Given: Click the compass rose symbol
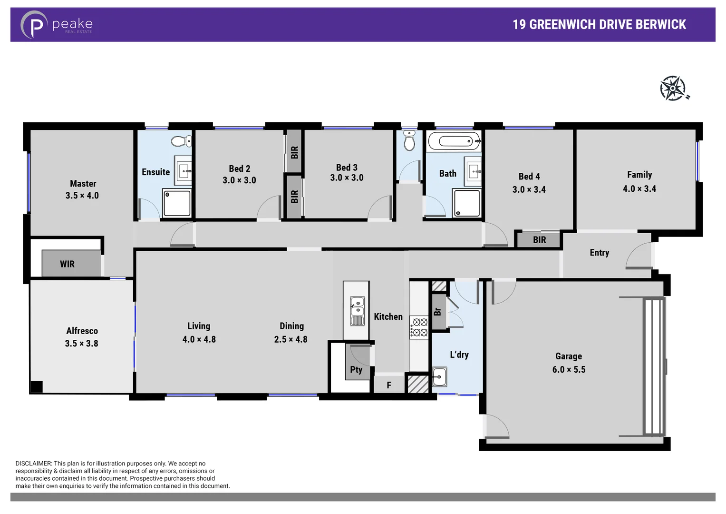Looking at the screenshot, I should (x=673, y=89).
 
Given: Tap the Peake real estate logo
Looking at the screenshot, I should (x=57, y=24).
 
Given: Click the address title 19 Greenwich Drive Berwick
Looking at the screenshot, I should (x=599, y=25).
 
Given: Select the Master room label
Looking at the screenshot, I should (x=83, y=184).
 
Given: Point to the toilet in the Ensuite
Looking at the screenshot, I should (x=181, y=141).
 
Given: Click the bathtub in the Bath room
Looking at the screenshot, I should (x=454, y=141).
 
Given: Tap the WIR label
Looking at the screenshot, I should (x=67, y=264).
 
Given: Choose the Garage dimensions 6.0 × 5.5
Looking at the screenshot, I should (x=569, y=370).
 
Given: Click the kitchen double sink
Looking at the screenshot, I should (x=357, y=311).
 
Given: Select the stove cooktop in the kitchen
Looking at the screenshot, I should (x=419, y=328).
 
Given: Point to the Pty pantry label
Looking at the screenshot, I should (x=356, y=370).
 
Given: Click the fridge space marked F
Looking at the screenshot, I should (x=389, y=385).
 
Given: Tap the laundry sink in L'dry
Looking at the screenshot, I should (x=439, y=377).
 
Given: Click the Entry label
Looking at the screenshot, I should (x=599, y=253).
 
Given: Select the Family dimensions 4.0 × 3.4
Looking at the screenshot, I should (x=639, y=189).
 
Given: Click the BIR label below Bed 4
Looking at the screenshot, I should (x=539, y=240).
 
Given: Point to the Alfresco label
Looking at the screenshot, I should (x=82, y=331).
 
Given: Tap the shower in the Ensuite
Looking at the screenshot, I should (x=177, y=203).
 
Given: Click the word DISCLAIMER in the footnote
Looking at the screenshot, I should (x=33, y=463).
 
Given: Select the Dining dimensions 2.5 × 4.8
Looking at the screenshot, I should (x=290, y=340).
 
